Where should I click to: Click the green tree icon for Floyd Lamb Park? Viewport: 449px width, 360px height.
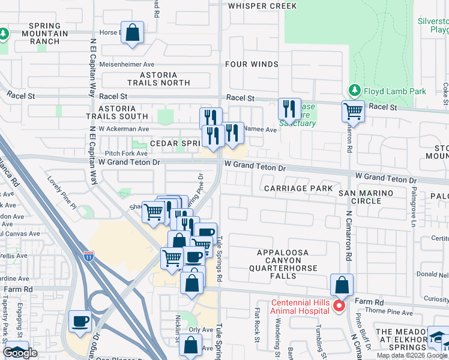(354, 91)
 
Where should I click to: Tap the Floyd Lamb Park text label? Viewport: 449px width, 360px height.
(394, 91)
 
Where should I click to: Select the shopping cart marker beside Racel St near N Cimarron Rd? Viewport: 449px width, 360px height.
(353, 111)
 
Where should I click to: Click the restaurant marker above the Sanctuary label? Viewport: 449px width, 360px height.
(290, 109)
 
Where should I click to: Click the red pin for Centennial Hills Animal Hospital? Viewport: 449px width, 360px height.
(339, 306)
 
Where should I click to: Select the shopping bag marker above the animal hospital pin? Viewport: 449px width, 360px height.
(341, 284)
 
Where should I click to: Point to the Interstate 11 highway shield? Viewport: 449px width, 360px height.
(89, 256)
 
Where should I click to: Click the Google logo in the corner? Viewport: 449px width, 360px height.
(20, 353)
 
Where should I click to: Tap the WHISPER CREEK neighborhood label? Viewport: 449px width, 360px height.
(262, 6)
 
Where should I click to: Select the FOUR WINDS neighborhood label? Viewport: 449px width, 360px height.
(252, 64)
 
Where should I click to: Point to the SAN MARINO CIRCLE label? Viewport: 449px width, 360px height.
(366, 197)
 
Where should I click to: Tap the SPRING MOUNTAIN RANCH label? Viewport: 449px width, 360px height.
(45, 34)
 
